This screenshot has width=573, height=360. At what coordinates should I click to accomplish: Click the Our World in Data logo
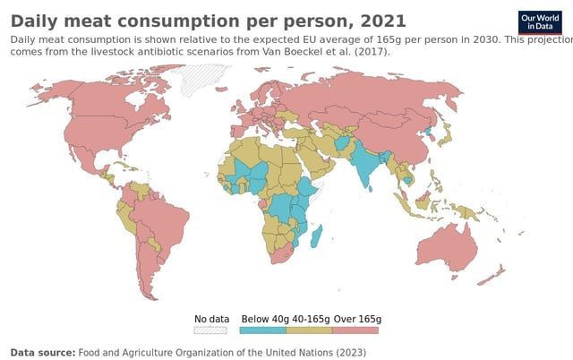click(540, 22)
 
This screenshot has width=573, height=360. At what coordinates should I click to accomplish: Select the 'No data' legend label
click(212, 319)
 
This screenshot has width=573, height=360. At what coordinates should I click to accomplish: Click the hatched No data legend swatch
click(212, 330)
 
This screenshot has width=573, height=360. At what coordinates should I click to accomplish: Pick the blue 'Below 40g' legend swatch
click(263, 330)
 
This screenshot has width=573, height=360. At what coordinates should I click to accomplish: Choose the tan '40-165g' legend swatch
click(309, 330)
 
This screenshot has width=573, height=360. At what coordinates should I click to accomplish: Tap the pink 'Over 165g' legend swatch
click(355, 330)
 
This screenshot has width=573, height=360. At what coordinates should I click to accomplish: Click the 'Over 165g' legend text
click(358, 319)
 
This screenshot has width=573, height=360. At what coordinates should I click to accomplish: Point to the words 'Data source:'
click(43, 353)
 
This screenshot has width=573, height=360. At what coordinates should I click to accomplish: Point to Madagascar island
click(316, 236)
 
